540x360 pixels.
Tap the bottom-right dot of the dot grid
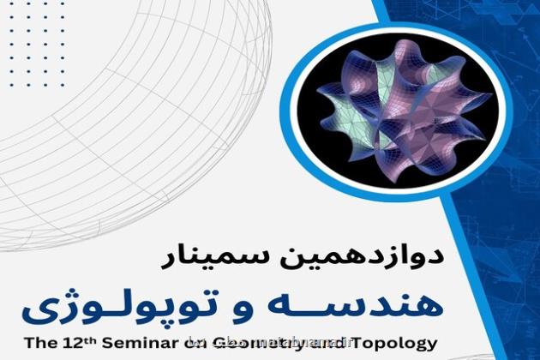63,84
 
